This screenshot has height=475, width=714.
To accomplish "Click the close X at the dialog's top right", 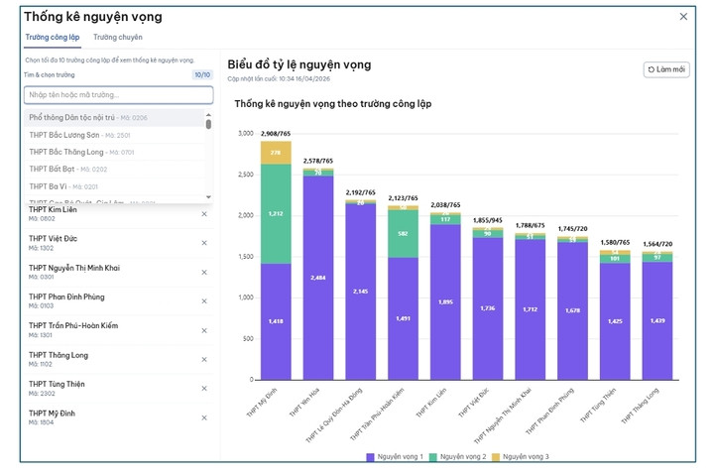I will click(683, 16).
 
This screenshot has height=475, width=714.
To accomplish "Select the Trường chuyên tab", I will click(117, 37).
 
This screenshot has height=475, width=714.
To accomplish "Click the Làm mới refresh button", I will click(666, 69).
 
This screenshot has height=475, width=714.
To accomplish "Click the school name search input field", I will click(118, 95).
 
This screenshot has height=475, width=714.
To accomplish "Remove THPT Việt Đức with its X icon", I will click(204, 243).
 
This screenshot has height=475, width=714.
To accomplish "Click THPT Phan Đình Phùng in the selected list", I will click(66, 297).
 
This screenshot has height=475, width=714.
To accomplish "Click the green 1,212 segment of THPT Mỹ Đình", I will click(276, 213).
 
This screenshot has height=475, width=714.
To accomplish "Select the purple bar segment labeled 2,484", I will click(318, 278).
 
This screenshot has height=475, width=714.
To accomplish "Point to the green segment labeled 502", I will click(404, 233).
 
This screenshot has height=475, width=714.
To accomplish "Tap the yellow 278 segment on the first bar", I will click(276, 153).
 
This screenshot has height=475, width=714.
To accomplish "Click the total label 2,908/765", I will click(276, 133).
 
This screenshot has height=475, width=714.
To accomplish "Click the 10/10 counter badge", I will click(202, 74).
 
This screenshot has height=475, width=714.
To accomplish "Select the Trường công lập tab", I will click(52, 37).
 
